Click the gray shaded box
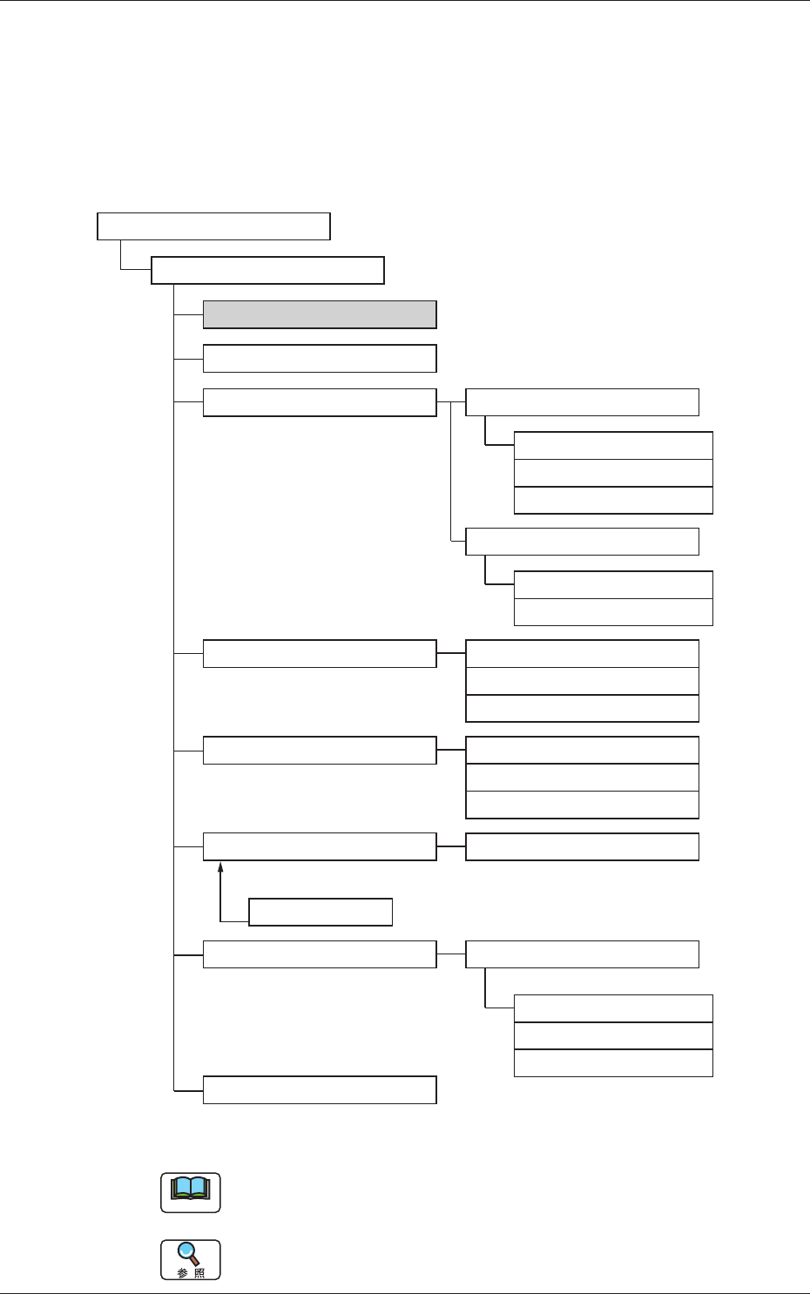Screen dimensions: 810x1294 click(x=319, y=314)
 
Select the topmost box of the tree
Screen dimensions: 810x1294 click(x=213, y=226)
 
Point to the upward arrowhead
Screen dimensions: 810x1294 click(x=221, y=867)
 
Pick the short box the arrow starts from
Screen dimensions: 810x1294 click(x=321, y=912)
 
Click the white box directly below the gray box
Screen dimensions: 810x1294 click(x=319, y=359)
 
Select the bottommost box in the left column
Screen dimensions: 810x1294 click(x=319, y=1090)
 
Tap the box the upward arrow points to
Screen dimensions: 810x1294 click(x=319, y=846)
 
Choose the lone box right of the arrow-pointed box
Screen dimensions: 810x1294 click(x=582, y=846)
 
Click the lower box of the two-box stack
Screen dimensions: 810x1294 click(x=613, y=612)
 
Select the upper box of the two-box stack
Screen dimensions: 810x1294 click(x=613, y=585)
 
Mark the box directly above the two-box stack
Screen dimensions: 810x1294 click(x=582, y=542)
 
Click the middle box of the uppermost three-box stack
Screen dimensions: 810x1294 click(x=613, y=473)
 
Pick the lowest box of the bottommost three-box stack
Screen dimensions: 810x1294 click(x=613, y=1063)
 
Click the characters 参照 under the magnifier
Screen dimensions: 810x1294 click(x=191, y=1273)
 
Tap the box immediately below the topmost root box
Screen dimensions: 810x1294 click(x=267, y=271)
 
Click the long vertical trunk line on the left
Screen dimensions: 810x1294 click(x=174, y=697)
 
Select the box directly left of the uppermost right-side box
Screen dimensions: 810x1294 click(x=319, y=402)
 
